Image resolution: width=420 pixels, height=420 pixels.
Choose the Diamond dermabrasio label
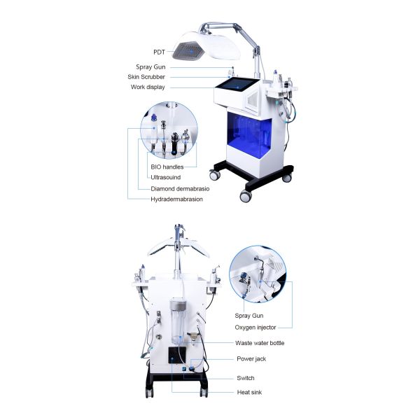point(180,189)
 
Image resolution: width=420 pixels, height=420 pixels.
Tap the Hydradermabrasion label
point(176,199)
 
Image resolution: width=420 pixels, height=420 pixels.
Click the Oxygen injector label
point(255,326)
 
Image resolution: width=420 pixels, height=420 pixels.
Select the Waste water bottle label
point(260,343)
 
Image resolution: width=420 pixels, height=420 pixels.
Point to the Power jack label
point(251,359)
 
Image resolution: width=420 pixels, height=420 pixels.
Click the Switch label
point(245,378)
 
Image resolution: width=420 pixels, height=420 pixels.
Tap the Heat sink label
point(248,392)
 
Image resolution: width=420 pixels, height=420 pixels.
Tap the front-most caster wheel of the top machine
point(245,197)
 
